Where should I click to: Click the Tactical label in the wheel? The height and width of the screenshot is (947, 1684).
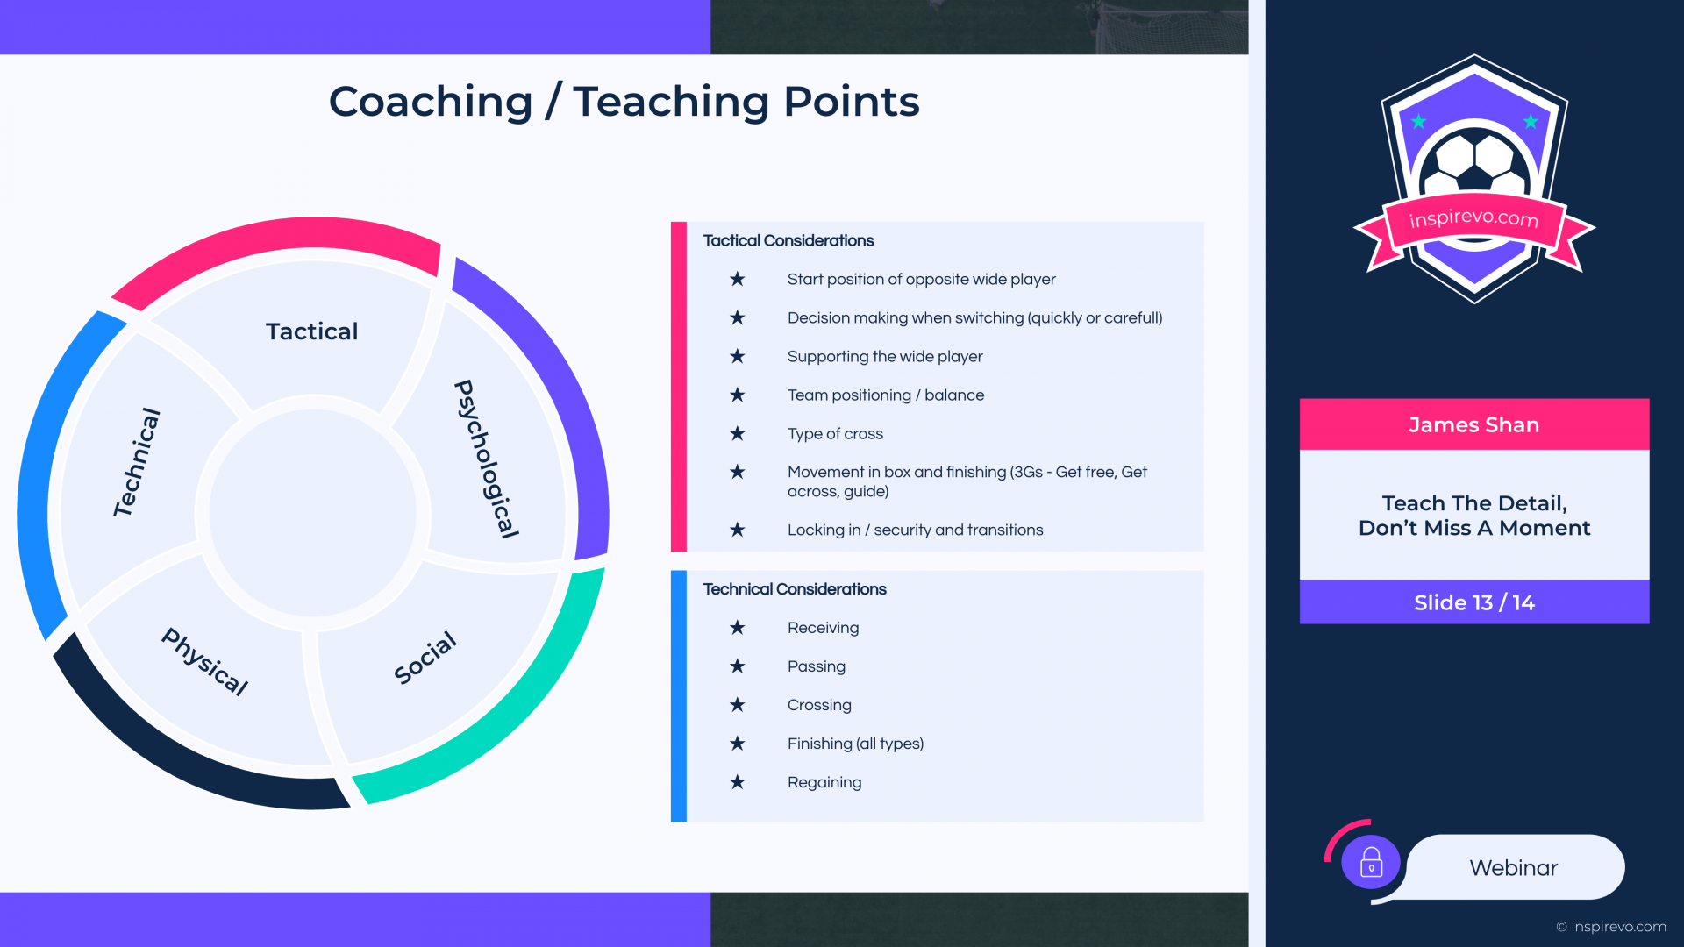click(x=311, y=331)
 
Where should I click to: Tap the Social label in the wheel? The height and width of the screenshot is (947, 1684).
click(x=425, y=658)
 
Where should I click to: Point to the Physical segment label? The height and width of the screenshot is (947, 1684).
click(x=205, y=661)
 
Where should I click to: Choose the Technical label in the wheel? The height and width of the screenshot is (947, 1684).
click(x=137, y=462)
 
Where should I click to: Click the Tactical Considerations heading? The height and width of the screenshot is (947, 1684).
click(x=788, y=240)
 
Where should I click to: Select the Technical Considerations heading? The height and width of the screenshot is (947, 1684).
click(x=795, y=589)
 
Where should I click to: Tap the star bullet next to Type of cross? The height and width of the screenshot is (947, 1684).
click(x=738, y=433)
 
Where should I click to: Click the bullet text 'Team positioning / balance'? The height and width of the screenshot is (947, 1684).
click(x=886, y=395)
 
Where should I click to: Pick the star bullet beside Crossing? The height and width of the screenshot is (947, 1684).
click(x=738, y=705)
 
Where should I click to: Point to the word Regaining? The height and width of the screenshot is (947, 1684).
click(x=824, y=782)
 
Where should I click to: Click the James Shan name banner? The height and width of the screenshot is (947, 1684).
click(x=1474, y=424)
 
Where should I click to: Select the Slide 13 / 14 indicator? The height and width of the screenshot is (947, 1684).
click(x=1474, y=602)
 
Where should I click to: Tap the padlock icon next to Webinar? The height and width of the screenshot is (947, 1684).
click(x=1371, y=863)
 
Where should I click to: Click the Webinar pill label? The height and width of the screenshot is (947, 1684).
click(x=1514, y=867)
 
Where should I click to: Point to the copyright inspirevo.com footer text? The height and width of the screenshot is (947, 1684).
click(x=1611, y=927)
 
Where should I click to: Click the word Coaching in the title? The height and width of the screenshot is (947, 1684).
click(x=431, y=102)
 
